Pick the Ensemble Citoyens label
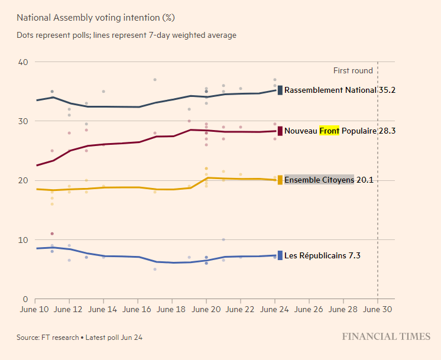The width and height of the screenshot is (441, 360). click(x=319, y=180)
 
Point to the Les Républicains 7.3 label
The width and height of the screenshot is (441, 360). click(x=322, y=256)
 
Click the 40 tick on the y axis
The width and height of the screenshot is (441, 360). click(x=24, y=62)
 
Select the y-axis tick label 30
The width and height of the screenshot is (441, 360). click(x=24, y=121)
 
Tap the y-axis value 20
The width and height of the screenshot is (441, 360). click(x=24, y=180)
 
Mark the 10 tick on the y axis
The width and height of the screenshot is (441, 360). click(x=24, y=239)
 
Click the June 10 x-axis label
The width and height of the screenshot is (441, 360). click(x=35, y=309)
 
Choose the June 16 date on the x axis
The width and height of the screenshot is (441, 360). click(x=138, y=309)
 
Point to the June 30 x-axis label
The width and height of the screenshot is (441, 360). click(x=378, y=309)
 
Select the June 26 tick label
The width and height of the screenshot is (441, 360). click(x=309, y=309)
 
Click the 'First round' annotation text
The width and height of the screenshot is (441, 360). click(x=353, y=70)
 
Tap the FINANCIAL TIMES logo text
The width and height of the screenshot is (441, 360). click(x=386, y=337)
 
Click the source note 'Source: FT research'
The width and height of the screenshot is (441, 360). click(x=47, y=338)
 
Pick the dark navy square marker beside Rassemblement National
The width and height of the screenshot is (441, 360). click(x=280, y=90)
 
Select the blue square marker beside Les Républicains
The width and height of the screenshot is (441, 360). click(x=280, y=256)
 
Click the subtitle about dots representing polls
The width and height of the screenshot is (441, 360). click(x=127, y=35)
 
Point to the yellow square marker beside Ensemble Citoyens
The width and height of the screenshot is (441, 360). click(x=280, y=180)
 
